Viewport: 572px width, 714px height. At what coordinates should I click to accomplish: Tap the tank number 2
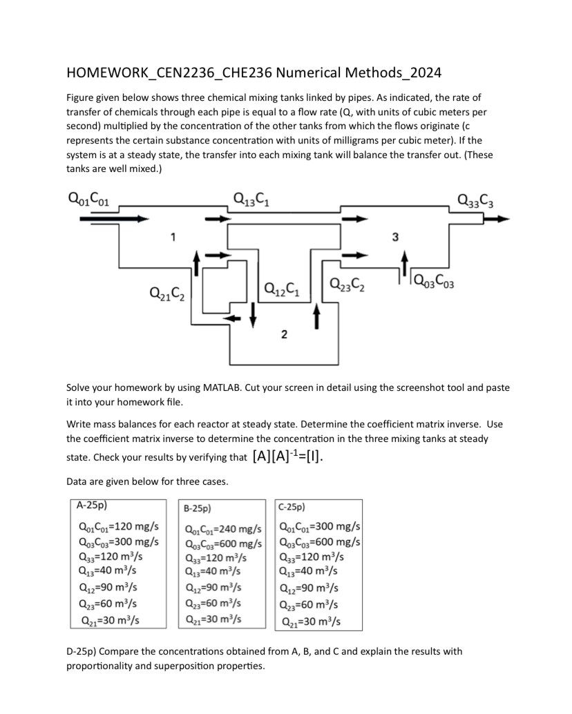(x=284, y=336)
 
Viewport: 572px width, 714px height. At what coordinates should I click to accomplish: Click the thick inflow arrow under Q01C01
(x=113, y=219)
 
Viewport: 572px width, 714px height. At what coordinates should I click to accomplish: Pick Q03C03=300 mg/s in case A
(x=119, y=541)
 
